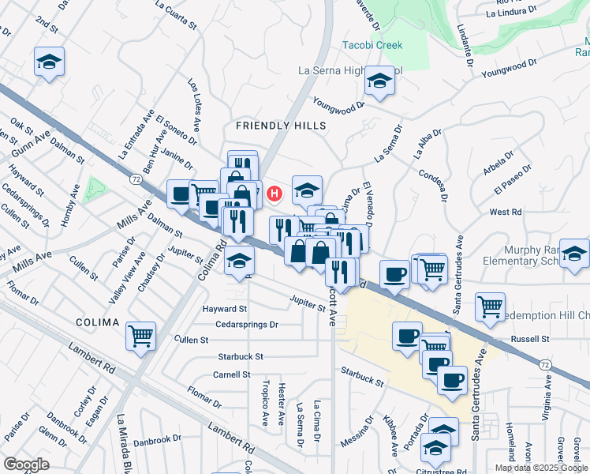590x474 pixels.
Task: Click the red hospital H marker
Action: tap(274, 192)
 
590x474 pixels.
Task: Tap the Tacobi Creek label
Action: tap(372, 45)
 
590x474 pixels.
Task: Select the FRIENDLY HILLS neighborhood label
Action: tap(281, 126)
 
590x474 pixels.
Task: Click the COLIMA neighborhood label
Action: tap(97, 322)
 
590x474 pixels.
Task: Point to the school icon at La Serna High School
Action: tap(379, 81)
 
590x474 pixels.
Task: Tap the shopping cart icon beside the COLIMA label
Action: tap(140, 336)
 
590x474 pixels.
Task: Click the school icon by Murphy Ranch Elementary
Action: tap(574, 253)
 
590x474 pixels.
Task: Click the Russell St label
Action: tap(529, 339)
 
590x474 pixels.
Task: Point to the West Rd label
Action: tap(506, 212)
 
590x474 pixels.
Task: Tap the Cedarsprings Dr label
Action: tap(247, 324)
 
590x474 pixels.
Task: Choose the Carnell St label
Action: tap(231, 374)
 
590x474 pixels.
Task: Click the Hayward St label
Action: tap(224, 309)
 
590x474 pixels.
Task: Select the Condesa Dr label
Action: tap(434, 184)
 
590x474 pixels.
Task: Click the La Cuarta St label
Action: tap(176, 14)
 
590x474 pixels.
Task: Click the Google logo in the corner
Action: tap(26, 464)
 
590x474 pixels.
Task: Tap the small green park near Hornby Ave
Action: tap(95, 189)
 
